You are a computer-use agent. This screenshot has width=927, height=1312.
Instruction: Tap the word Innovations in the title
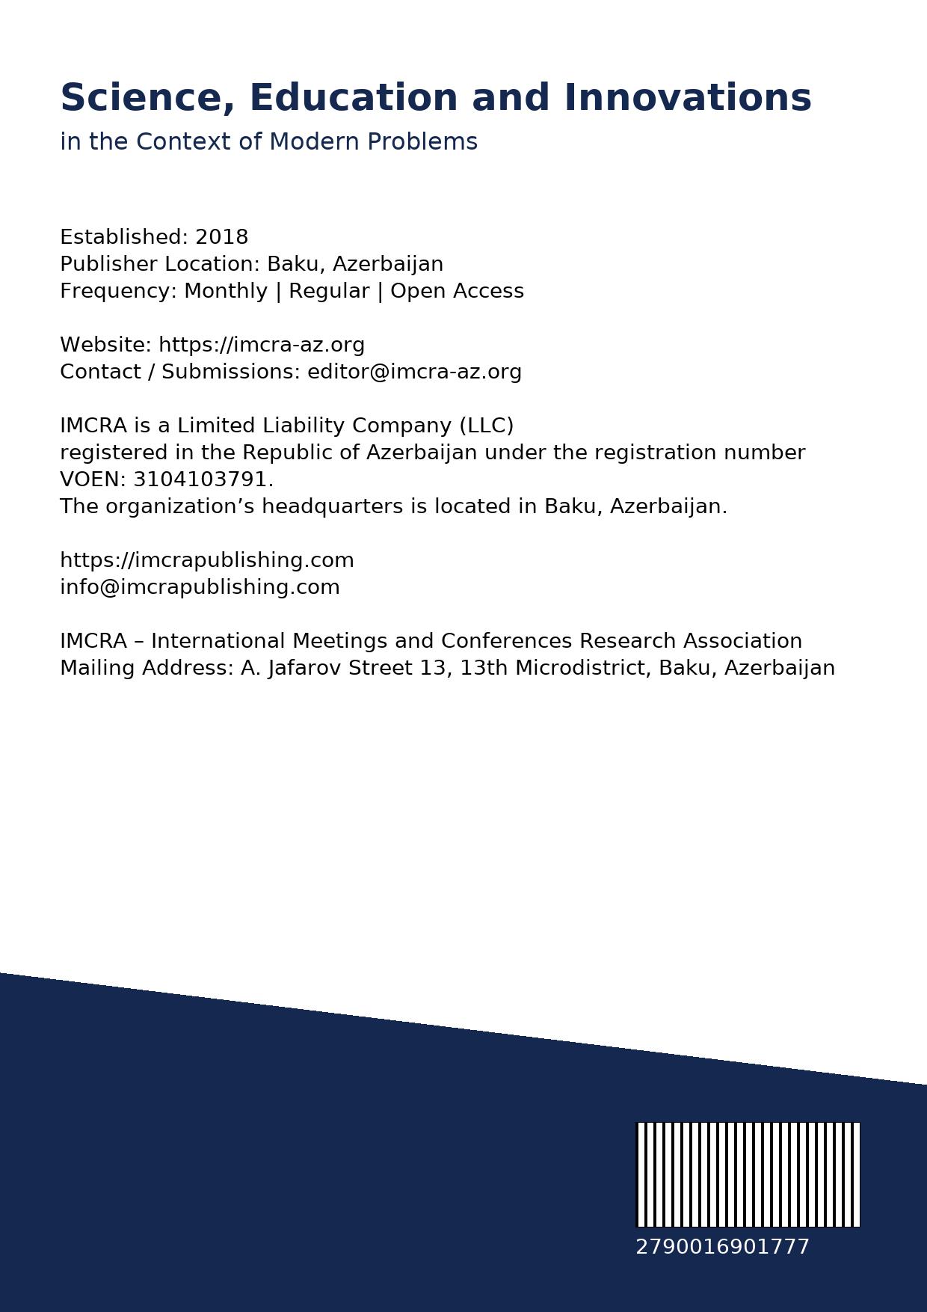click(x=687, y=99)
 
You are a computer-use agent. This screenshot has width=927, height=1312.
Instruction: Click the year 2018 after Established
click(x=221, y=237)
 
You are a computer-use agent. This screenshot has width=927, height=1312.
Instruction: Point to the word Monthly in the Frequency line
click(x=226, y=291)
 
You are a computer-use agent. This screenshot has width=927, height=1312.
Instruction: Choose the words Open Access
click(x=457, y=291)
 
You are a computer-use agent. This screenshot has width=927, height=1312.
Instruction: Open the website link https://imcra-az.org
click(x=262, y=345)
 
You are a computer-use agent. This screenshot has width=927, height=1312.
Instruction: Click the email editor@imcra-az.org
click(x=414, y=372)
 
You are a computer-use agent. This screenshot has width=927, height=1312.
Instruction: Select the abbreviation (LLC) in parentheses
click(x=486, y=426)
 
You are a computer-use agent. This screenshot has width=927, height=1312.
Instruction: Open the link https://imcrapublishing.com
click(x=207, y=560)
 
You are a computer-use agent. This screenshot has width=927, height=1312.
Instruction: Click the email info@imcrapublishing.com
click(x=200, y=587)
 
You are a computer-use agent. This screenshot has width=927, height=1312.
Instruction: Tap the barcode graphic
click(x=748, y=1174)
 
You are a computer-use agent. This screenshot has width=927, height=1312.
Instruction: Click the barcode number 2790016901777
click(x=722, y=1247)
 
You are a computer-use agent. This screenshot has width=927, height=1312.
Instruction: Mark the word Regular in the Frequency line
click(x=329, y=291)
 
